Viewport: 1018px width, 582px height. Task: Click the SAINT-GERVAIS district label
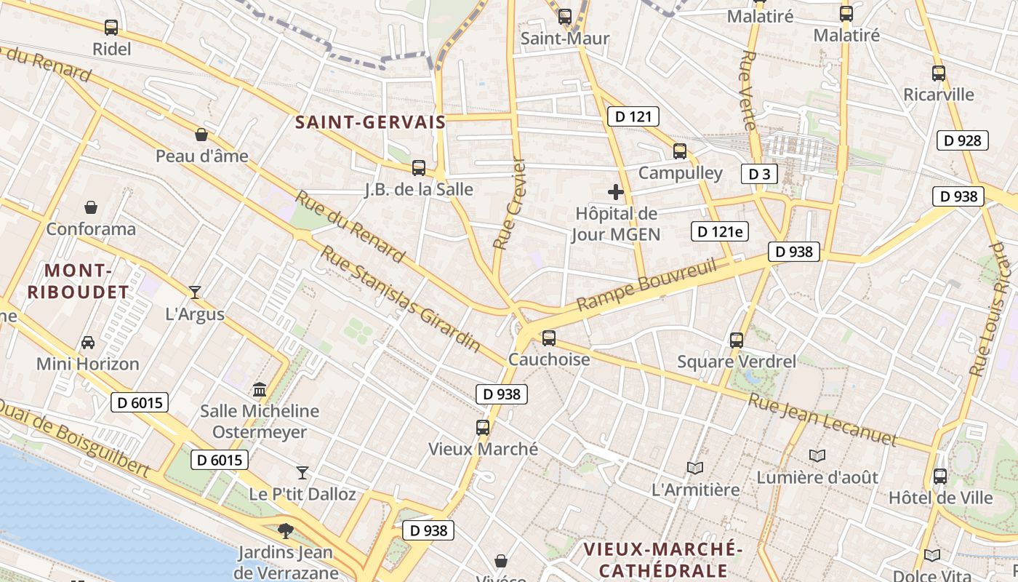[370, 122]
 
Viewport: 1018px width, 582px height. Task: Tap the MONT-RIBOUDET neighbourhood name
[78, 282]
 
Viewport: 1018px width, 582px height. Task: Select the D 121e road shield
[719, 231]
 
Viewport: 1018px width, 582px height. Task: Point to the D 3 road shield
[759, 174]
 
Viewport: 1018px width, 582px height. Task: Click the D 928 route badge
[963, 140]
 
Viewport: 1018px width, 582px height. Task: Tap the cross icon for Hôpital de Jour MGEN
[616, 192]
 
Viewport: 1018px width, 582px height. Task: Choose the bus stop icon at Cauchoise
[549, 338]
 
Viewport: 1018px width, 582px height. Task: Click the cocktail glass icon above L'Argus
[195, 292]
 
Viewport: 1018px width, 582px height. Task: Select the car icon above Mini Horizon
[88, 342]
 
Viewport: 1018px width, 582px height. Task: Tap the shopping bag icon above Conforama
[91, 207]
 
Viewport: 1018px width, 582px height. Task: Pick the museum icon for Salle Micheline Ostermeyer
[260, 389]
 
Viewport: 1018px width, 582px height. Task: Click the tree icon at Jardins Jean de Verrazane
[286, 530]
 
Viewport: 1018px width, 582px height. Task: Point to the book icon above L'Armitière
[695, 468]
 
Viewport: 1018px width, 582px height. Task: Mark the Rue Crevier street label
[509, 204]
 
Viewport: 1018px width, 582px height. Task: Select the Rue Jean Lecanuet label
[822, 419]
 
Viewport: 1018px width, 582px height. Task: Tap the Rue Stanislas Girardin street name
[401, 298]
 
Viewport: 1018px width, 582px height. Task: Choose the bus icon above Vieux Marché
[483, 428]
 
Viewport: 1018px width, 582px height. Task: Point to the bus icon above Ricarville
[939, 73]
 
